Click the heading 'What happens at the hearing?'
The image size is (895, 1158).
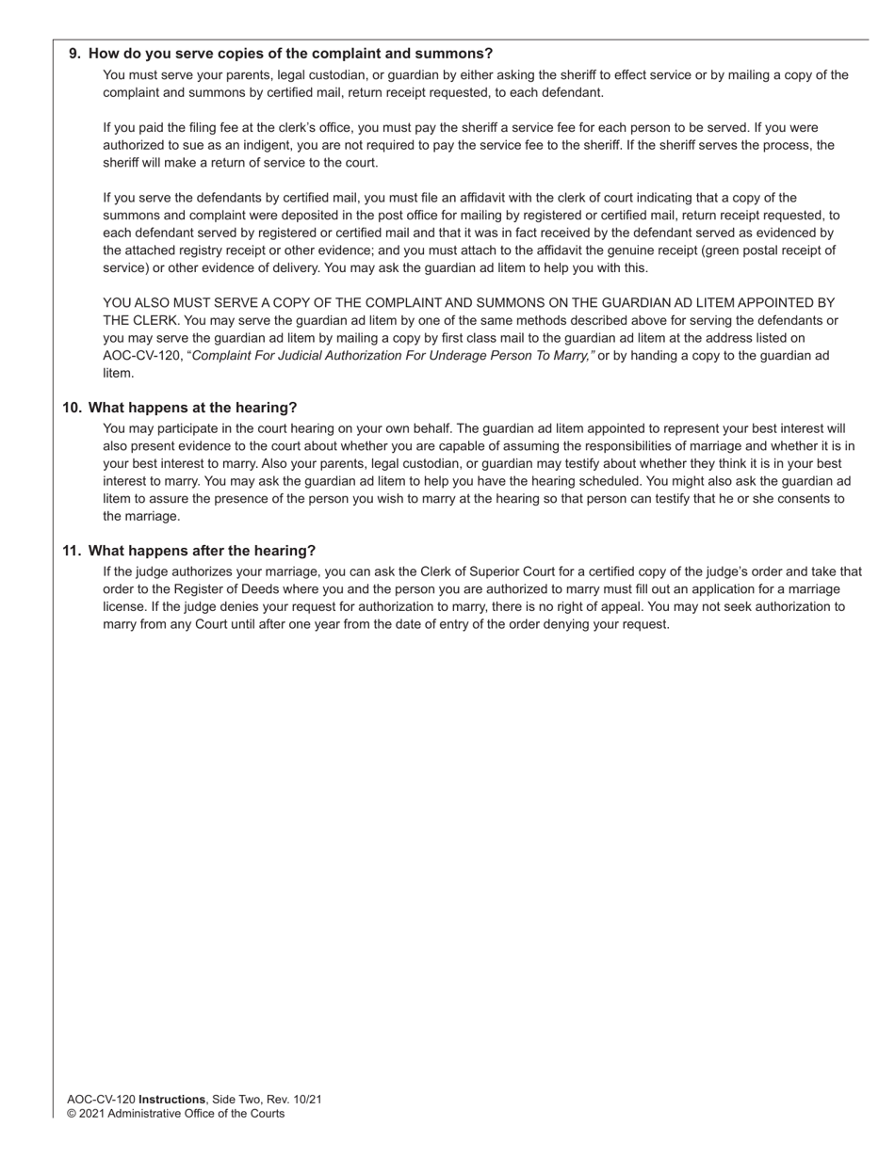point(192,408)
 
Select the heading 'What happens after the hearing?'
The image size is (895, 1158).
point(202,551)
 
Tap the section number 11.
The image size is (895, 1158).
point(72,551)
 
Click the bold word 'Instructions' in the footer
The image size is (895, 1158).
point(171,1100)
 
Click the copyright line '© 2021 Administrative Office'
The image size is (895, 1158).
point(175,1114)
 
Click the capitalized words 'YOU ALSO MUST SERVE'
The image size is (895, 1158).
point(177,303)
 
